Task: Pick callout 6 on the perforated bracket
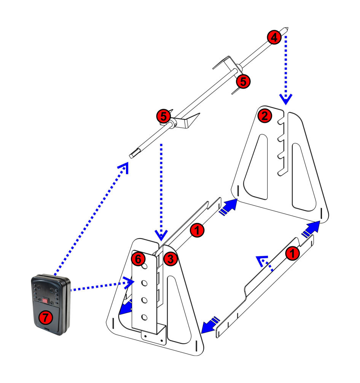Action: (x=138, y=259)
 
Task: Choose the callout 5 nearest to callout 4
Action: (x=243, y=81)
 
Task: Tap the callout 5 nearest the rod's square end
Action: (x=163, y=116)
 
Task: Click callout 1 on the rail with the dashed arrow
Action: (x=292, y=254)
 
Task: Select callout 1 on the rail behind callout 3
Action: (x=197, y=230)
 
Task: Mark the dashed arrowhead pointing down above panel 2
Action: (x=286, y=100)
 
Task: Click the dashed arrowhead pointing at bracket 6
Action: (x=131, y=282)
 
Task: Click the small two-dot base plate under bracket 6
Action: (x=154, y=337)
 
